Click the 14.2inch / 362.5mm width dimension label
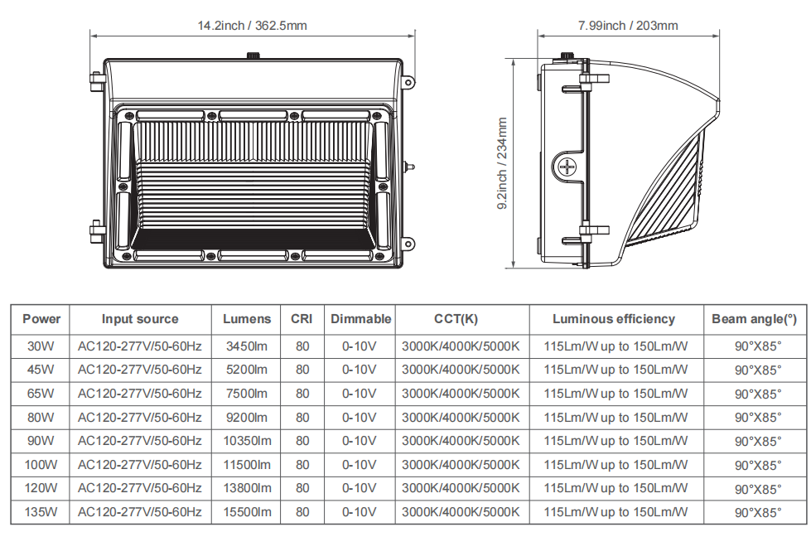pos(253,26)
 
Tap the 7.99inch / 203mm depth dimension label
pos(628,26)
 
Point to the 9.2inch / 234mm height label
pos(502,163)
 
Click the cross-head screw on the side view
pos(567,167)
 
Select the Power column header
pos(41,319)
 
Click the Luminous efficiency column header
pos(613,319)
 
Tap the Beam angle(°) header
pos(754,319)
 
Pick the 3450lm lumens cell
pos(247,346)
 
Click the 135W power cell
pos(41,512)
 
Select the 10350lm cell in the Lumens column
pos(247,441)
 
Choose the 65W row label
pos(41,394)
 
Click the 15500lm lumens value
pos(247,512)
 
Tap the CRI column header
pos(302,319)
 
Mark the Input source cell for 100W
pos(140,465)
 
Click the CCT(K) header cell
pos(456,319)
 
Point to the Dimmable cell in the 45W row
pos(359,370)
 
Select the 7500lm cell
pos(247,394)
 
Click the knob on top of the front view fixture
pos(253,55)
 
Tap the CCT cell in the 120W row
pos(461,488)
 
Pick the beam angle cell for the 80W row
pos(758,418)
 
